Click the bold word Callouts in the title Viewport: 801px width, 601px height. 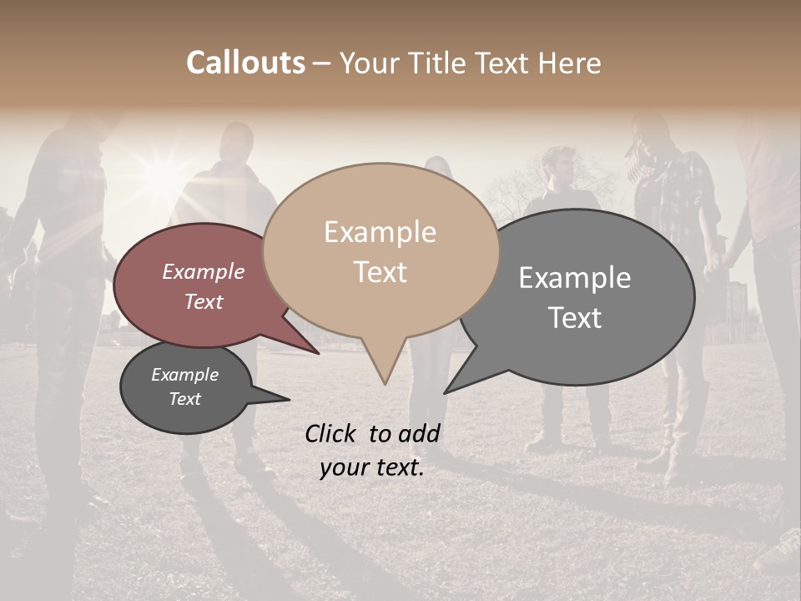pyautogui.click(x=245, y=63)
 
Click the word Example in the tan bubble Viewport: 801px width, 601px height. pyautogui.click(x=380, y=232)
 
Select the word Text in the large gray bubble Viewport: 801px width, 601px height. pyautogui.click(x=575, y=318)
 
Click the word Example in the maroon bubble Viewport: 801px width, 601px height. pyautogui.click(x=204, y=271)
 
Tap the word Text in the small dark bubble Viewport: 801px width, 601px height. pyautogui.click(x=185, y=399)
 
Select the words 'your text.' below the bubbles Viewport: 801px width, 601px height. pyautogui.click(x=372, y=467)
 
